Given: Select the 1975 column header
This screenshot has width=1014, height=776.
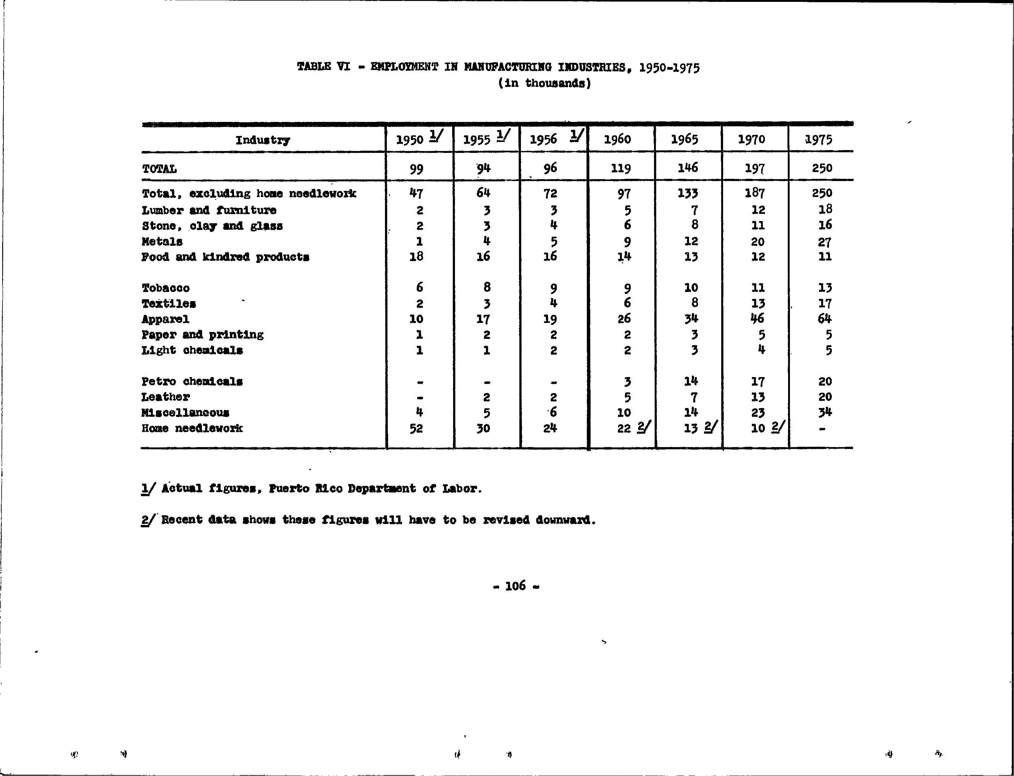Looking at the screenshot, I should (x=818, y=139).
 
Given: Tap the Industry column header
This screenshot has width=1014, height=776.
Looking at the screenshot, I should (x=262, y=140).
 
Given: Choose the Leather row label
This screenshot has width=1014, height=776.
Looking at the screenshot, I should (x=166, y=397).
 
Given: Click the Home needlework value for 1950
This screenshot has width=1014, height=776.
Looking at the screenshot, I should (x=416, y=429).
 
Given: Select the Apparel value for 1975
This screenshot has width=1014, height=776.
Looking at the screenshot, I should (x=824, y=319).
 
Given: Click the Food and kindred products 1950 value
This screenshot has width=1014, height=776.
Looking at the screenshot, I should (x=416, y=256).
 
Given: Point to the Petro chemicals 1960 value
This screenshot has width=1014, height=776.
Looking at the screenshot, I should (x=627, y=381).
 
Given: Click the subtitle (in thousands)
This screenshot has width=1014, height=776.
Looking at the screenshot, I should (x=544, y=83).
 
